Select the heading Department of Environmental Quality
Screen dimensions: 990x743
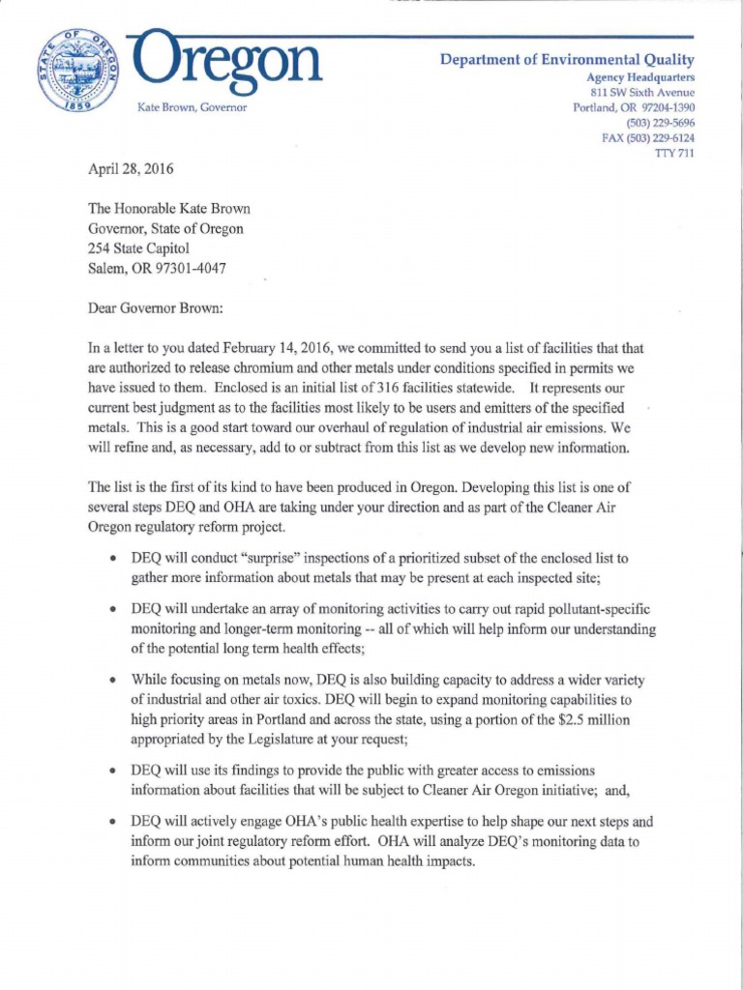click(x=567, y=59)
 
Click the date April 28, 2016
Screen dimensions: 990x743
click(x=131, y=168)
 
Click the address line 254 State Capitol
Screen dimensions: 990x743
click(x=132, y=247)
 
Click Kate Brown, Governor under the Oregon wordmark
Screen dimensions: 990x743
click(x=193, y=107)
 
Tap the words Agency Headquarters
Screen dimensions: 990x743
click(x=640, y=76)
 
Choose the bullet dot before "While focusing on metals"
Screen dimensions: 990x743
click(x=114, y=680)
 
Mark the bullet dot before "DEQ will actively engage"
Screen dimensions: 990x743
click(x=114, y=823)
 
